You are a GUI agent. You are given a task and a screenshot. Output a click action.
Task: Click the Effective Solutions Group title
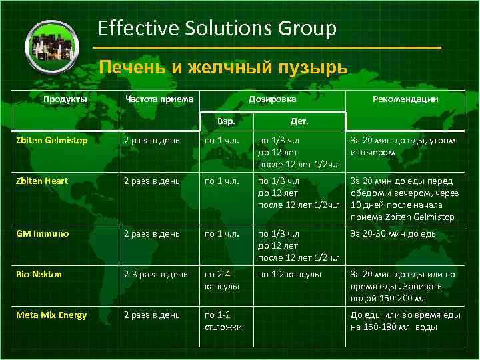click(x=217, y=29)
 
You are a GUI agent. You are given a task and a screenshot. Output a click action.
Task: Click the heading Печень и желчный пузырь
click(x=223, y=67)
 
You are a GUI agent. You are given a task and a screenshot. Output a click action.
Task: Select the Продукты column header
click(x=65, y=99)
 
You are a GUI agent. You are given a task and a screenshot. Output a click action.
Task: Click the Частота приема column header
click(x=159, y=99)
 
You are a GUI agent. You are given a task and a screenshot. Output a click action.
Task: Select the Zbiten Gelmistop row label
click(x=53, y=141)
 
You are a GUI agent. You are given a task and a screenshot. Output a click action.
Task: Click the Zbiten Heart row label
click(x=43, y=181)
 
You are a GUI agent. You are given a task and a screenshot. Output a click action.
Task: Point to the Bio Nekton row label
click(x=40, y=274)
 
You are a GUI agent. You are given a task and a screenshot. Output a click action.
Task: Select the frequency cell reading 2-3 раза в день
click(x=155, y=274)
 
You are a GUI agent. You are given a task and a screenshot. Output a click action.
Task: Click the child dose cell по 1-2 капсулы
click(x=289, y=274)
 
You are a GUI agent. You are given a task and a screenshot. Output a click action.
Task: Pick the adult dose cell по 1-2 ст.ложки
click(x=223, y=321)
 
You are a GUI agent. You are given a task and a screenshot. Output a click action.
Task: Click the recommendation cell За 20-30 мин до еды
click(x=394, y=234)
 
